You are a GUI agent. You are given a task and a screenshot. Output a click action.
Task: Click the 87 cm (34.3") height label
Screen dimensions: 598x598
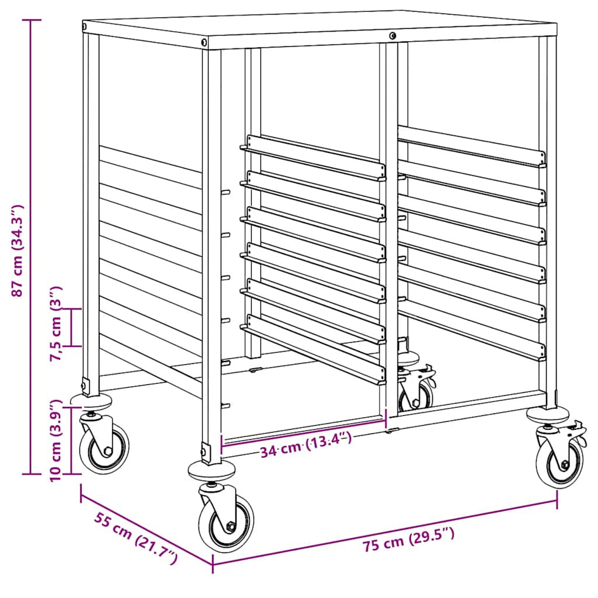[18, 251]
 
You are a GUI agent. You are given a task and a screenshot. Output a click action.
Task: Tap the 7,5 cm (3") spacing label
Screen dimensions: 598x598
[57, 324]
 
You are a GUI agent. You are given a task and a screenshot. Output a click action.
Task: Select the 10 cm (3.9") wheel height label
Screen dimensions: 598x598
[56, 441]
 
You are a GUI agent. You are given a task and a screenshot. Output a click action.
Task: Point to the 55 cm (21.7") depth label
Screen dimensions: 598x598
[135, 538]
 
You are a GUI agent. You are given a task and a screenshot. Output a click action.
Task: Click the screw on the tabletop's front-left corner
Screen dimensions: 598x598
[204, 41]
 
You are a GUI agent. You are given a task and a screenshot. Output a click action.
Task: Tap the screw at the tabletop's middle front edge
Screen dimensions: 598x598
[392, 36]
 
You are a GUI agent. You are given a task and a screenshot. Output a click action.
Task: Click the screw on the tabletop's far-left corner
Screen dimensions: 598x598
[84, 27]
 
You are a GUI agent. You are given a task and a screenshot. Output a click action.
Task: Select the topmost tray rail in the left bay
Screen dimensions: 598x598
[313, 157]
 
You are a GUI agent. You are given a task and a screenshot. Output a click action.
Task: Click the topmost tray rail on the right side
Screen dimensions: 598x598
[472, 147]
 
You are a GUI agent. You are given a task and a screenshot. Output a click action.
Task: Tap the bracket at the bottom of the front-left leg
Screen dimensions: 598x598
[206, 453]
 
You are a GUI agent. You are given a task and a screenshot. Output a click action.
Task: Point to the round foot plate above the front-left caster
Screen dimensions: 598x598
[211, 471]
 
